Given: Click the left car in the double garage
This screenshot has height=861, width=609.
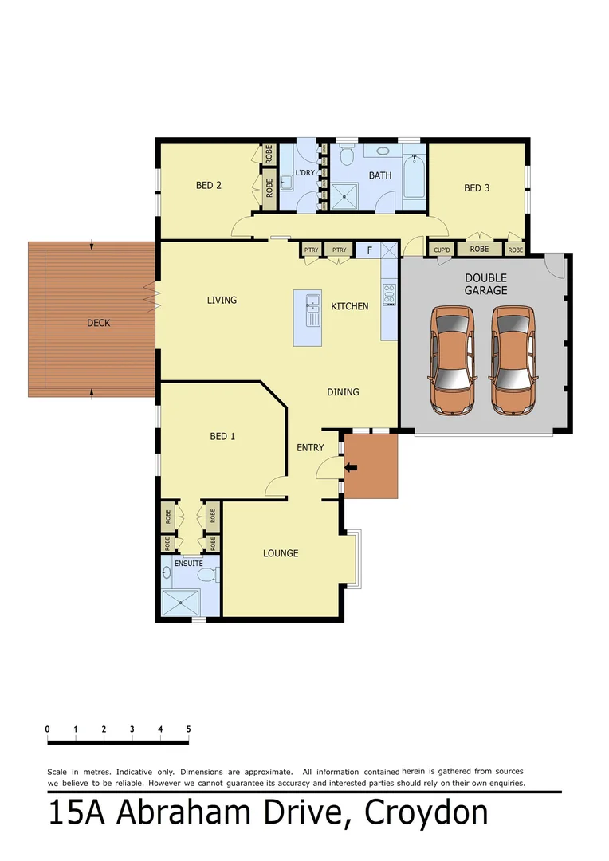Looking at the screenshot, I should click(x=451, y=360).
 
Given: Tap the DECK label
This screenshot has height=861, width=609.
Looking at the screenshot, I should click(x=99, y=323).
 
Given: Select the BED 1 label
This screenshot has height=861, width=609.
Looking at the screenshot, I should click(x=222, y=436).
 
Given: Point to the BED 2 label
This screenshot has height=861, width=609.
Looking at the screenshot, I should click(x=209, y=186).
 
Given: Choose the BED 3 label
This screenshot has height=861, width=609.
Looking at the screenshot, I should click(x=477, y=188).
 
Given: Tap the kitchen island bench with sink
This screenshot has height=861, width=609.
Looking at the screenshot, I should click(x=314, y=317).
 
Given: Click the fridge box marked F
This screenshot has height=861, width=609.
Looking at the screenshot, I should click(x=369, y=250).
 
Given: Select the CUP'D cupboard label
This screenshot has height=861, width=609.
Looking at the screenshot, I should click(x=442, y=250).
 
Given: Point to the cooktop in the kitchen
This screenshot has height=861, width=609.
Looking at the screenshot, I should click(x=389, y=295).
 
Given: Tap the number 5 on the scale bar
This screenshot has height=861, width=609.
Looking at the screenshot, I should click(x=188, y=729).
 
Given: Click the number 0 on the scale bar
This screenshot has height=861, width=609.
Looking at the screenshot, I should click(x=48, y=729).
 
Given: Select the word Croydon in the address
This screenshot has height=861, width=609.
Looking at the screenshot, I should click(x=426, y=813).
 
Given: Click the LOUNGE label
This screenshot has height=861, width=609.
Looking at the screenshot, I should click(x=281, y=553).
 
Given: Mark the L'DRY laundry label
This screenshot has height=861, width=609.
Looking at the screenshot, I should click(x=305, y=174).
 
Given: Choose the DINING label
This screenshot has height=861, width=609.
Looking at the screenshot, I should click(x=343, y=392).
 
